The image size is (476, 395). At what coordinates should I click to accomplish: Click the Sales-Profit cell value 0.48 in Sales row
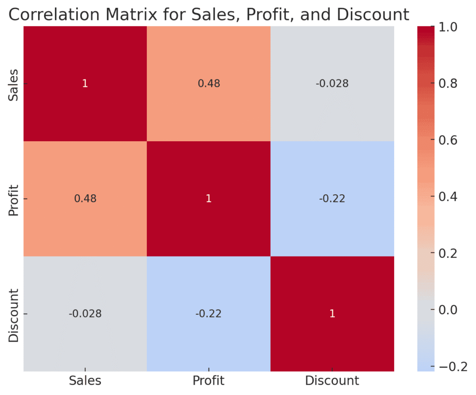(x=208, y=84)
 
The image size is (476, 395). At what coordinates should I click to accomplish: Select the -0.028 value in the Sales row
(x=332, y=84)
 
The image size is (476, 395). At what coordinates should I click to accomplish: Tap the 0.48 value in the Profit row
(x=85, y=199)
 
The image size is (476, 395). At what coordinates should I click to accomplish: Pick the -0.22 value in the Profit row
(x=332, y=199)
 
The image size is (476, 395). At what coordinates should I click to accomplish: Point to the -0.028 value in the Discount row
(x=85, y=314)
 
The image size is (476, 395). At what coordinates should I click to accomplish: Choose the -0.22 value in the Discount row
(x=208, y=314)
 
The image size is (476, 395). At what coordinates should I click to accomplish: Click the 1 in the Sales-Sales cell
(x=85, y=84)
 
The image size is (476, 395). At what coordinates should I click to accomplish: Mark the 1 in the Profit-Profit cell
(x=208, y=199)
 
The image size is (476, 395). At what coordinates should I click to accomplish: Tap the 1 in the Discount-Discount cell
(x=332, y=314)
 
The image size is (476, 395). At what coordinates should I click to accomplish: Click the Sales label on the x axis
(x=85, y=381)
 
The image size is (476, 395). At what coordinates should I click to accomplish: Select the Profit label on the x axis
(x=208, y=381)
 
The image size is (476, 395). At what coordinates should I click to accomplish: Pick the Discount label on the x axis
(x=332, y=381)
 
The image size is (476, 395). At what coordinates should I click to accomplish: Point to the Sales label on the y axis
(x=14, y=84)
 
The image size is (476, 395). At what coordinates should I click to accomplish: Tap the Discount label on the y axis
(x=14, y=315)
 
